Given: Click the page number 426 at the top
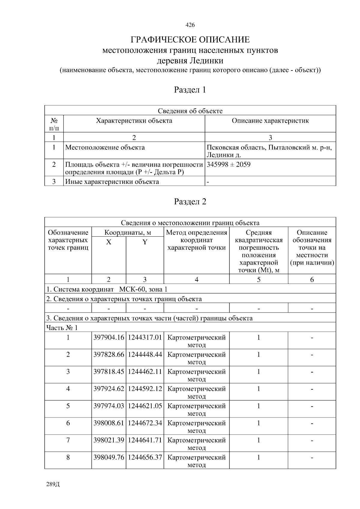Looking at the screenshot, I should click(x=190, y=25).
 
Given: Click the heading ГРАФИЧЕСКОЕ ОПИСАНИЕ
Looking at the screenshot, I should click(x=190, y=40).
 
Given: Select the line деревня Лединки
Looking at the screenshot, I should click(x=190, y=61).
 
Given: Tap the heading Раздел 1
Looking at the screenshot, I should click(x=190, y=90).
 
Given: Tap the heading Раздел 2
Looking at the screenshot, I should click(x=190, y=202).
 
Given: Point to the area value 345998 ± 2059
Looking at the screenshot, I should click(x=229, y=164).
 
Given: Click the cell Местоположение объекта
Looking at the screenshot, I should click(x=105, y=147).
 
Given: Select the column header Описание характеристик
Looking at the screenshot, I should click(x=270, y=121).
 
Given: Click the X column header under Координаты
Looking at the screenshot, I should click(x=109, y=242).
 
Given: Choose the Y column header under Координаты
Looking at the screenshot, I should click(x=145, y=242).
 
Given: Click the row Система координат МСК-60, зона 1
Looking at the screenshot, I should click(x=107, y=289).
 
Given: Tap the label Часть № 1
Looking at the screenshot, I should click(x=62, y=328).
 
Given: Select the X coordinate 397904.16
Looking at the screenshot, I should click(x=109, y=337).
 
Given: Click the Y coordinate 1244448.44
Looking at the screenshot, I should click(x=145, y=355).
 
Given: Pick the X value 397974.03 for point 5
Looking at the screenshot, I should click(x=109, y=406).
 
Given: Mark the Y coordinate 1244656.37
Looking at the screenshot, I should click(x=145, y=457).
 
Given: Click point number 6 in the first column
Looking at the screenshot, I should click(x=68, y=423).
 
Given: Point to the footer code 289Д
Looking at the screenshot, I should click(x=53, y=484).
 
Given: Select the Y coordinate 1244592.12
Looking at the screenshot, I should click(x=145, y=389).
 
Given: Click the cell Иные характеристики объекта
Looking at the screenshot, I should click(x=112, y=181).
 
